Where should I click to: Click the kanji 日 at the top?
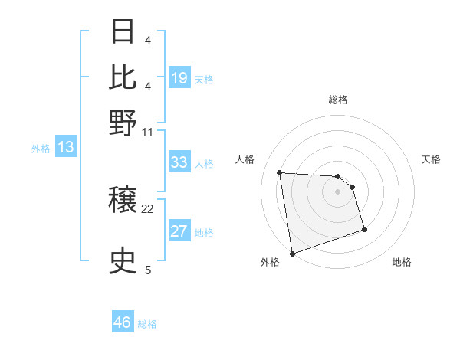[x=123, y=31]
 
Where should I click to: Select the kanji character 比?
[x=123, y=77]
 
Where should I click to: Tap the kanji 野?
[x=123, y=123]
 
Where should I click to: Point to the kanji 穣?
[x=123, y=201]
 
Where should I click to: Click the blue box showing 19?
[x=179, y=77]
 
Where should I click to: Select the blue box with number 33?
[x=179, y=162]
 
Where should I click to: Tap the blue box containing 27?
[x=179, y=231]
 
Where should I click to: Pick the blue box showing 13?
[x=66, y=148]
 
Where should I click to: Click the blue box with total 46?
[x=123, y=322]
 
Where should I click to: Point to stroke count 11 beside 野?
[x=148, y=132]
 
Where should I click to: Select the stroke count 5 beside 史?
[x=148, y=270]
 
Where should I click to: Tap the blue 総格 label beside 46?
[x=147, y=324]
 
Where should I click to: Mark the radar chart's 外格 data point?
[x=292, y=254]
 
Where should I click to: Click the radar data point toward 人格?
[x=280, y=172]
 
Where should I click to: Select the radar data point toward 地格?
[x=364, y=229]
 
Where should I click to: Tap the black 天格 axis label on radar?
[x=432, y=159]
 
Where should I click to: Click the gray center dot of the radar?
[x=337, y=191]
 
